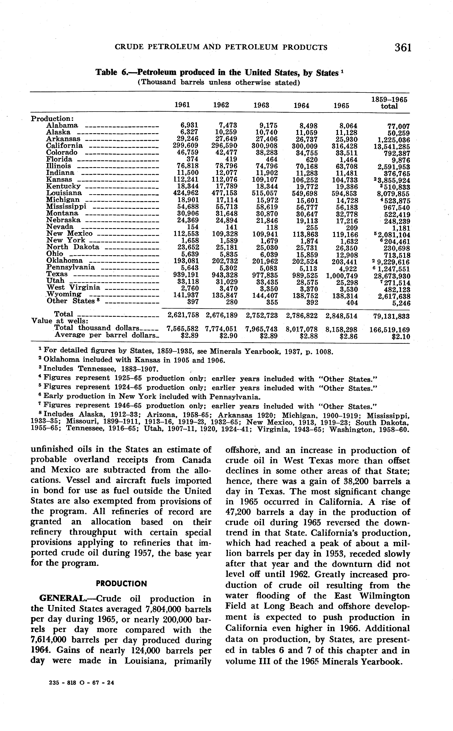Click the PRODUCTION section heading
pyautogui.click(x=121, y=584)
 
